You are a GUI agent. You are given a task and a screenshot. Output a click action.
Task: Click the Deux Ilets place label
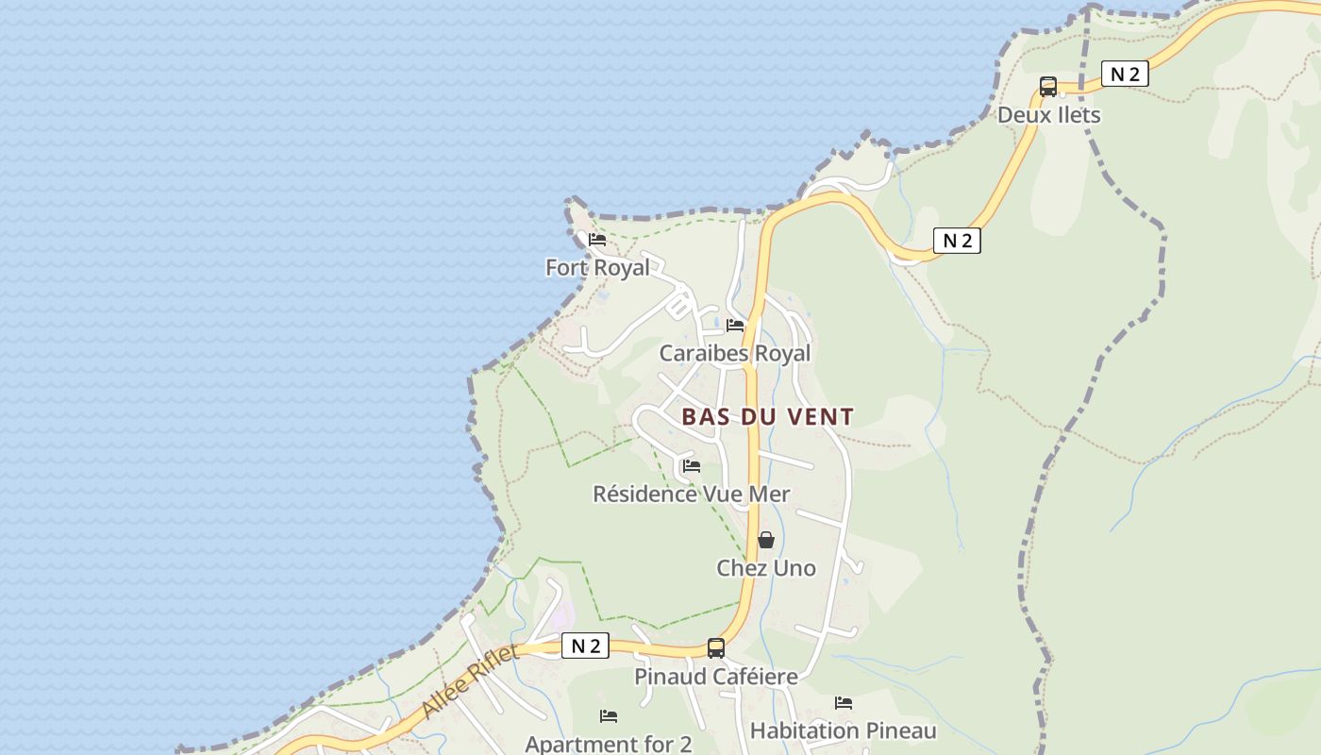click(1049, 115)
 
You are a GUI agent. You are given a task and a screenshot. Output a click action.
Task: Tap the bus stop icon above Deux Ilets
click(1048, 87)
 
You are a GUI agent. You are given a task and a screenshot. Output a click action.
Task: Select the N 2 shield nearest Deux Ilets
click(1125, 75)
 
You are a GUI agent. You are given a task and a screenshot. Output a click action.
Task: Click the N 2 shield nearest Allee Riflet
click(585, 646)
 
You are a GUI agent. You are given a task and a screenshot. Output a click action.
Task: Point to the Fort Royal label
click(597, 268)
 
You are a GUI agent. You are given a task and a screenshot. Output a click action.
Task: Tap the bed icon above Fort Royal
click(597, 240)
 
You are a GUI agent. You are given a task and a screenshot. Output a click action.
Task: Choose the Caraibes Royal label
click(734, 354)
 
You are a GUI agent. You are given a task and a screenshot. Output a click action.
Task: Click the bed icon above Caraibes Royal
click(735, 326)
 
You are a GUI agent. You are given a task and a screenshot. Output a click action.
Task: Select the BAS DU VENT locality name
click(768, 416)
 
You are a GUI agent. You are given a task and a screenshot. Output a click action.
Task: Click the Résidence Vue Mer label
click(691, 494)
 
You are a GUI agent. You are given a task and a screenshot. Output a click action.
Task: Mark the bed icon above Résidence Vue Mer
click(692, 466)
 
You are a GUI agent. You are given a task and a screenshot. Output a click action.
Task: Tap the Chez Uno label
click(766, 568)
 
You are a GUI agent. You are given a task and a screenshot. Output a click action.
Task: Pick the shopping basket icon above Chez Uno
click(766, 540)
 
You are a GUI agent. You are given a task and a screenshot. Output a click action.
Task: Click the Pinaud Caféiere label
click(715, 677)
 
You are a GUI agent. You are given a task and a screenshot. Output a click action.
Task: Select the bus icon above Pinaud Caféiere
click(716, 648)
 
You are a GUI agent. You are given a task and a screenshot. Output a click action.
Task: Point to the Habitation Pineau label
click(843, 731)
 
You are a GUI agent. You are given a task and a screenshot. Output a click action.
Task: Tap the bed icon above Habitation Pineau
click(844, 703)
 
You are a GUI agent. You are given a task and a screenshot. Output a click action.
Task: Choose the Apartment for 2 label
click(609, 744)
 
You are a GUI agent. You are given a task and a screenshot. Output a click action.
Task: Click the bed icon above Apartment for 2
click(609, 716)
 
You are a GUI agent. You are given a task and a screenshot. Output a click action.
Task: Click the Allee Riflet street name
click(469, 681)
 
